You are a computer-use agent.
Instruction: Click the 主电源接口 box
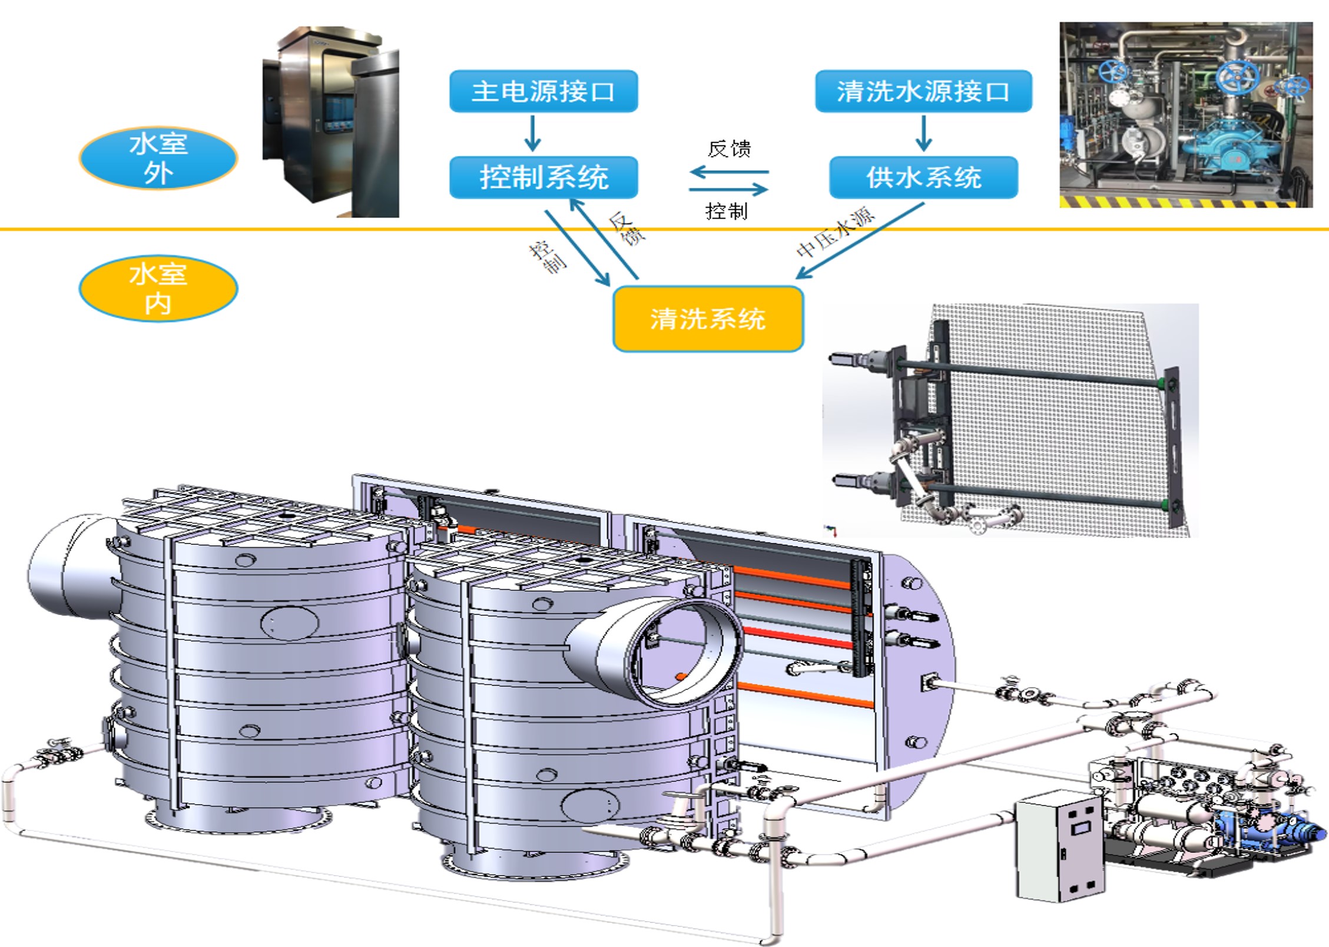(x=543, y=91)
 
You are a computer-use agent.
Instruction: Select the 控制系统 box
(x=543, y=177)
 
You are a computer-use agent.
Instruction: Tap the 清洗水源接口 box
(x=923, y=91)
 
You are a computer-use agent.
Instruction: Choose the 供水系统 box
(x=923, y=177)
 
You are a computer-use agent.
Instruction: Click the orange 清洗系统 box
(x=708, y=319)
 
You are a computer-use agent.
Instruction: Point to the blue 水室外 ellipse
(x=158, y=158)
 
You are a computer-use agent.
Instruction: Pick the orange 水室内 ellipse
(x=158, y=289)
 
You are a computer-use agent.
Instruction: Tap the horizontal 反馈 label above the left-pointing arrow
(x=729, y=149)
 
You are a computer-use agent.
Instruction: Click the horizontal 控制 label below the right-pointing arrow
(x=727, y=211)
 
